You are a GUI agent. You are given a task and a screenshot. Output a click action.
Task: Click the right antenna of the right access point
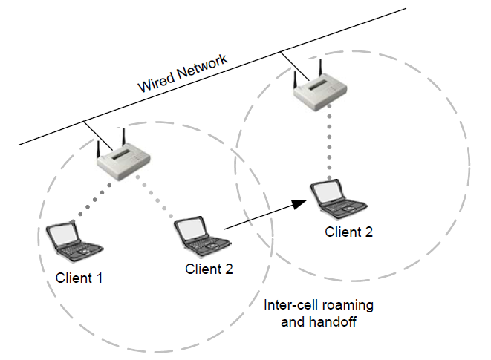(320, 65)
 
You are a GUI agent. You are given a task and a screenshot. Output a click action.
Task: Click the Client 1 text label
(79, 278)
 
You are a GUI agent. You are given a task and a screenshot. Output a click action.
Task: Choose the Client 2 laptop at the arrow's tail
(199, 235)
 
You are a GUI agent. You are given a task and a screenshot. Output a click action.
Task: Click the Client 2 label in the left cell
(209, 269)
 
